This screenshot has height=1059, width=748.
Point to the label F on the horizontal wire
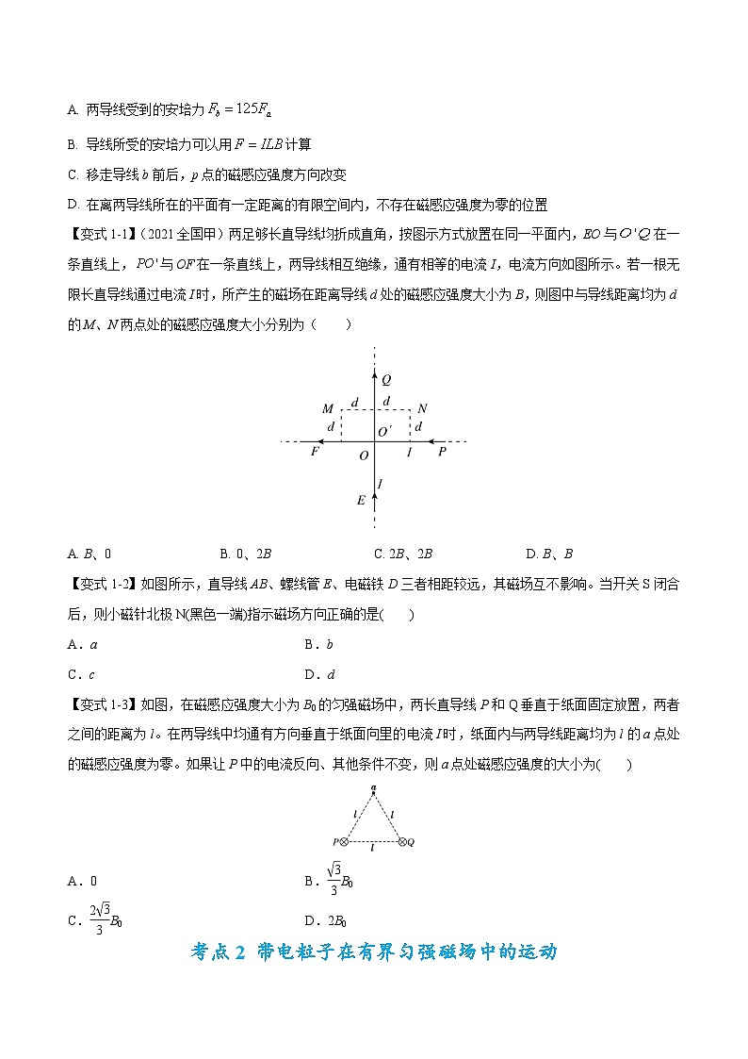pos(315,453)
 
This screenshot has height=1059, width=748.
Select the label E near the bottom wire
pos(361,501)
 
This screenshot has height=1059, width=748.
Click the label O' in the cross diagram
pos(384,432)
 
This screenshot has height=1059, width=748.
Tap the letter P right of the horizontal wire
pos(441,453)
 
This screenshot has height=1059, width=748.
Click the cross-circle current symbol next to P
pos(344,842)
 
